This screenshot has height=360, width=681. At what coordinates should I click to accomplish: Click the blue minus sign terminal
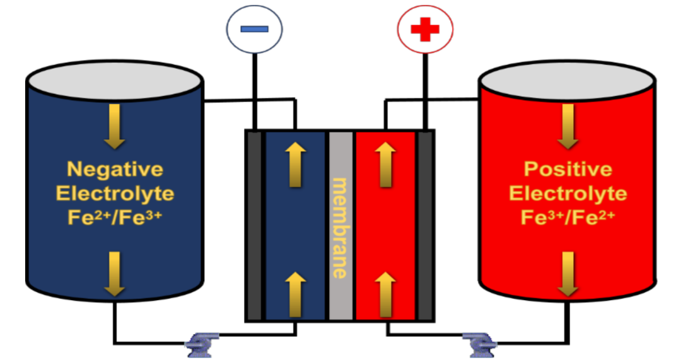(254, 29)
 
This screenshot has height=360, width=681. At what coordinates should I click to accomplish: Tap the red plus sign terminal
(425, 29)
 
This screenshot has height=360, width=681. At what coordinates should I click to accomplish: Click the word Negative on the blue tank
(115, 170)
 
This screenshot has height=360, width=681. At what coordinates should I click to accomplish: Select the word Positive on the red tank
(567, 170)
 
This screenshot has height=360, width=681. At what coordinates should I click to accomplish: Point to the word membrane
(340, 227)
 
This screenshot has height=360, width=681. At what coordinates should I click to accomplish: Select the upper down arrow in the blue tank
(114, 126)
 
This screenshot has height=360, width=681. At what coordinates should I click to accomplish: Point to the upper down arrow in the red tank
(567, 126)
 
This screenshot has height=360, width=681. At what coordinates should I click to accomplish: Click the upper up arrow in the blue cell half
(294, 164)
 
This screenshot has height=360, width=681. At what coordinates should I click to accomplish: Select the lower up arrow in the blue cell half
(294, 294)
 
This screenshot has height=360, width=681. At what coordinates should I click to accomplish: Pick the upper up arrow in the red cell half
(385, 164)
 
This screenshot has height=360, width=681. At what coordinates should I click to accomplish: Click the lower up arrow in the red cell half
(385, 294)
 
